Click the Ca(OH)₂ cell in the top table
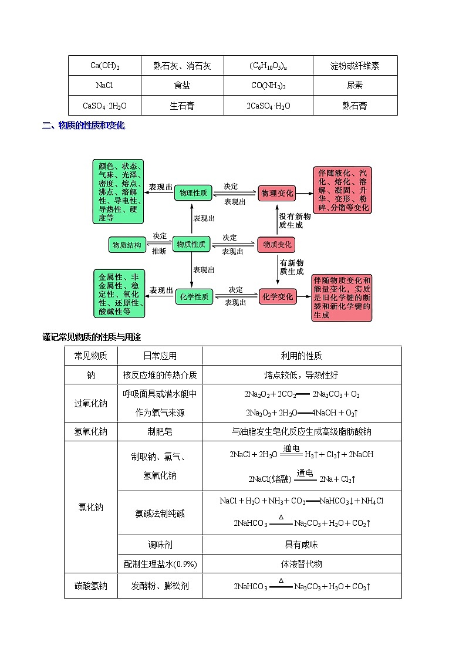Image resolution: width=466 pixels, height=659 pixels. click(106, 66)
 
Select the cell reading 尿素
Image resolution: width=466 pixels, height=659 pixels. click(354, 86)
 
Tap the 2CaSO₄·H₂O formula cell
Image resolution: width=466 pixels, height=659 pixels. click(268, 106)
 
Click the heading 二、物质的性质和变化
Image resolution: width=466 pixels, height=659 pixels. click(83, 125)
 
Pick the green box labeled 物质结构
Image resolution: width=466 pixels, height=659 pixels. click(127, 245)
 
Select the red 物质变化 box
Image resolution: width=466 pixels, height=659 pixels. click(277, 245)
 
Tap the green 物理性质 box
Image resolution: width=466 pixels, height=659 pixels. click(193, 192)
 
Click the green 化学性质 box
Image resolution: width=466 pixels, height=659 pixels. click(193, 297)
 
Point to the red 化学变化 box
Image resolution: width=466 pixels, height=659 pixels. click(277, 297)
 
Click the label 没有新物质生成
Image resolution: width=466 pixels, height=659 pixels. click(291, 221)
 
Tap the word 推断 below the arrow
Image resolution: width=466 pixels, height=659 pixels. click(159, 251)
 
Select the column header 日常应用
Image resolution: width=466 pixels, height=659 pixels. click(160, 356)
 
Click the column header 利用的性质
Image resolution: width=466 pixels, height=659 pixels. click(301, 356)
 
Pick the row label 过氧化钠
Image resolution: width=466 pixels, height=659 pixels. click(91, 403)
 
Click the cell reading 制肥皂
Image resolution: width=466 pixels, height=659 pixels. click(160, 431)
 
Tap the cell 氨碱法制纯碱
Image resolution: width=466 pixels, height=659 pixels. click(160, 513)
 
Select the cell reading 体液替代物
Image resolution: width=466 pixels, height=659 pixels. click(301, 564)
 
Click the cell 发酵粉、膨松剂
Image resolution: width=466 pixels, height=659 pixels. click(160, 586)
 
